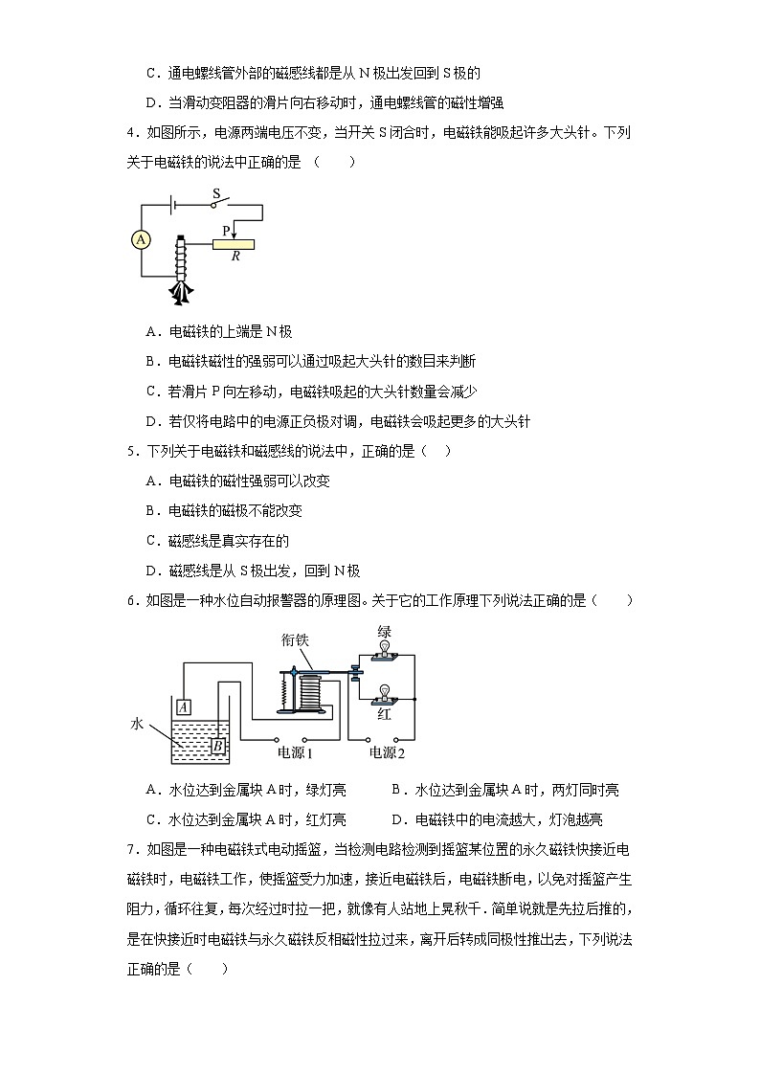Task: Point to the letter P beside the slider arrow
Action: click(x=226, y=231)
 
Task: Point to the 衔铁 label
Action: click(x=295, y=639)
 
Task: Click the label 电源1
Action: click(x=296, y=753)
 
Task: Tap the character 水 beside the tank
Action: click(x=136, y=725)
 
